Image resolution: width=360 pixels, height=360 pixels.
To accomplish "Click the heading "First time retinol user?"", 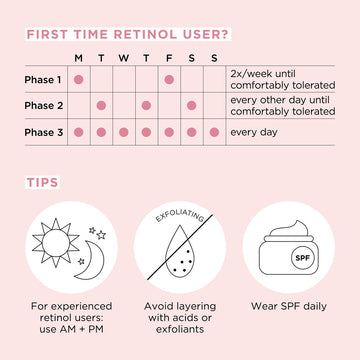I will coord(129,34).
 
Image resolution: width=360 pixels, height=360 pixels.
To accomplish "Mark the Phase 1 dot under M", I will coord(78,79).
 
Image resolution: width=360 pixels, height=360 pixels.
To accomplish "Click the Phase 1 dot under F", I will coord(169,79).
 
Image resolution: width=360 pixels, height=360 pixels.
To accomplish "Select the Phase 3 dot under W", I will coord(124,131).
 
